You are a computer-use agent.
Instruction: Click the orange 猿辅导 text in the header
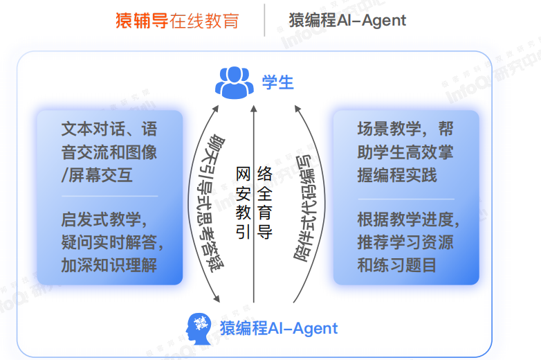pos(141,20)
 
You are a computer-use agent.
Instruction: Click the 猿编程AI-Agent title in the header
pos(347,20)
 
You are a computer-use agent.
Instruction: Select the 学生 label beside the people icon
pos(278,82)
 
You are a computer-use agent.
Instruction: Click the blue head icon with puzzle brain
pos(201,327)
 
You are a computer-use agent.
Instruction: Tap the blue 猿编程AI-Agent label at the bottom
pos(279,327)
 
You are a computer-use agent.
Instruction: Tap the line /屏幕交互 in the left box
pos(97,174)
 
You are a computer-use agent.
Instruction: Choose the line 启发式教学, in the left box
pos(104,219)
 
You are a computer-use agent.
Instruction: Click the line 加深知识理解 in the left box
pos(109,264)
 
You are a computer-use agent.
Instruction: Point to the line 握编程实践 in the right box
pos(396,174)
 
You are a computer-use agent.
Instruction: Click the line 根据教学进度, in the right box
pos(408,219)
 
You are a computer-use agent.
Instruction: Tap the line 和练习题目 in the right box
pos(396,264)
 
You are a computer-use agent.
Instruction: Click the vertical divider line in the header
pos(264,20)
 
